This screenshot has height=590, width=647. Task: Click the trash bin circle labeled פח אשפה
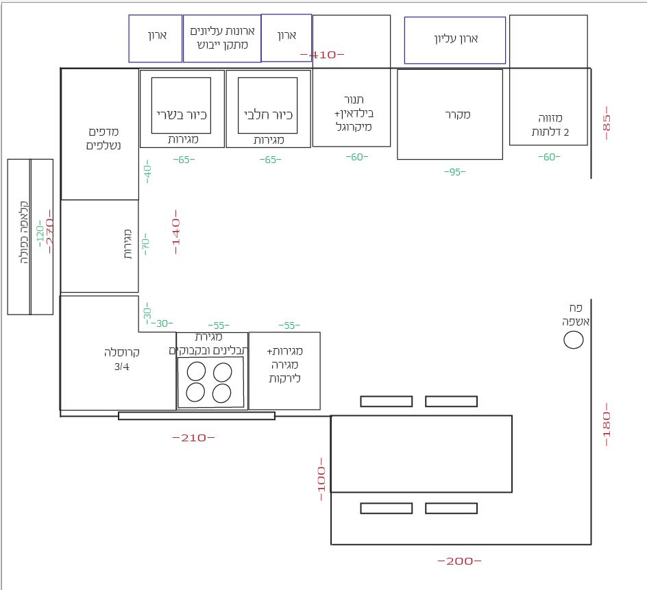tap(574, 341)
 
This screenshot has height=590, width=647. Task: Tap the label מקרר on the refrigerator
tap(458, 114)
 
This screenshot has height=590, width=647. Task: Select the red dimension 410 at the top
tap(322, 54)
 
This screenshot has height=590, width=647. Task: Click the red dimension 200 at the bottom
tap(459, 561)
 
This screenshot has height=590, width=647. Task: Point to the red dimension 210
tap(193, 438)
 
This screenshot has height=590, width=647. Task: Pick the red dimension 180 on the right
tap(607, 425)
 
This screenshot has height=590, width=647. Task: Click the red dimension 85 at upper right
tap(607, 123)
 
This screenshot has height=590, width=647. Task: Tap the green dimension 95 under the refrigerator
tap(454, 172)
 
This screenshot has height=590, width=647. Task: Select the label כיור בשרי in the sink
tap(182, 114)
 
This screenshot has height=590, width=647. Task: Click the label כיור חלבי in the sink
tap(268, 114)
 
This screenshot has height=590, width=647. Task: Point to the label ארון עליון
tap(456, 39)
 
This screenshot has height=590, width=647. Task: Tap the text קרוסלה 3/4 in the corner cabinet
tap(121, 359)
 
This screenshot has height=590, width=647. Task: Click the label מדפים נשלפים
tap(103, 138)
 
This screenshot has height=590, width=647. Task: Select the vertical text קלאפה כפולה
tap(25, 232)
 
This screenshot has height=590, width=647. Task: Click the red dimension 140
tap(176, 232)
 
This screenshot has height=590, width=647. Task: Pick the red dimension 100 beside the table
tap(321, 479)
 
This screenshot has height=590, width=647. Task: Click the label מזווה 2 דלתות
tap(550, 125)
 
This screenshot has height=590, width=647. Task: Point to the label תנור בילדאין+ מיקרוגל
tap(354, 113)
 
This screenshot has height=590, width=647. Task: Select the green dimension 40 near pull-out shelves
tap(147, 171)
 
